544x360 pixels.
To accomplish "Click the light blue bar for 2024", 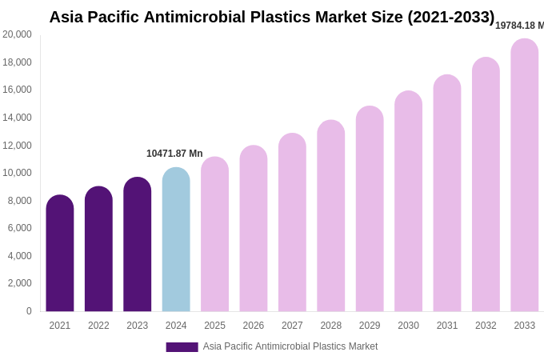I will pyautogui.click(x=176, y=240).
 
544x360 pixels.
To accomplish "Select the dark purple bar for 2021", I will pyautogui.click(x=60, y=254).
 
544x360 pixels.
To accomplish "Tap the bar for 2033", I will pyautogui.click(x=525, y=176).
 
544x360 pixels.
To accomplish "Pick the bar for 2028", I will pyautogui.click(x=331, y=216).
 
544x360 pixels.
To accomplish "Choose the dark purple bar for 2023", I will pyautogui.click(x=138, y=245).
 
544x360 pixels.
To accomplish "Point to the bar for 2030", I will pyautogui.click(x=408, y=202).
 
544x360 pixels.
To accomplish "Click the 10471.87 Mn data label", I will pyautogui.click(x=174, y=154).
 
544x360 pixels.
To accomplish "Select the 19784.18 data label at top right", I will pyautogui.click(x=519, y=26).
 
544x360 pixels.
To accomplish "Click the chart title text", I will pyautogui.click(x=272, y=17).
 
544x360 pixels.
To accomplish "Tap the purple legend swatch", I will pyautogui.click(x=182, y=347).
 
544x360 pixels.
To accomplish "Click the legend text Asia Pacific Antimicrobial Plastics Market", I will pyautogui.click(x=290, y=346).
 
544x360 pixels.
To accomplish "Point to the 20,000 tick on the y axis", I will pyautogui.click(x=17, y=34).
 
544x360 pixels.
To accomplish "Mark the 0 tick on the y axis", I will pyautogui.click(x=29, y=311).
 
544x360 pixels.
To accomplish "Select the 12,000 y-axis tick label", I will pyautogui.click(x=17, y=145).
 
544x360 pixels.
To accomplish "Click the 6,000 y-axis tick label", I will pyautogui.click(x=20, y=228).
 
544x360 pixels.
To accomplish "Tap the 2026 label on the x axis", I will pyautogui.click(x=254, y=326).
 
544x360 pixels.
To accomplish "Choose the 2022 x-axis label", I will pyautogui.click(x=98, y=326).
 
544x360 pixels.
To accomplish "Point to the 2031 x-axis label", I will pyautogui.click(x=447, y=326).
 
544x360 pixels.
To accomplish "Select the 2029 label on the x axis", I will pyautogui.click(x=370, y=326).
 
